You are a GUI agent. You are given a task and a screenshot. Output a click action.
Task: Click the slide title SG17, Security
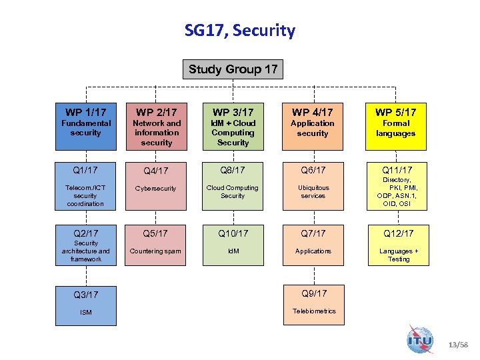click(x=240, y=31)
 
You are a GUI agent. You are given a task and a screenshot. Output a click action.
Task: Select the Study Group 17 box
click(x=233, y=69)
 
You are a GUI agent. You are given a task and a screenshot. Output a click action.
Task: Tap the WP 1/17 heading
click(x=86, y=112)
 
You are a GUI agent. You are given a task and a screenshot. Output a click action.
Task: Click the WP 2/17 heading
click(x=157, y=112)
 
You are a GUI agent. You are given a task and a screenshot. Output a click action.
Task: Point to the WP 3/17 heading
click(x=233, y=112)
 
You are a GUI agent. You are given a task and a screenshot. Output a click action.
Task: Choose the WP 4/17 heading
click(x=313, y=112)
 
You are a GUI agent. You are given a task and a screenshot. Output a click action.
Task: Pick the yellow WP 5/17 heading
click(x=395, y=112)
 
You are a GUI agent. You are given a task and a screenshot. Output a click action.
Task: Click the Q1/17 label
click(x=86, y=170)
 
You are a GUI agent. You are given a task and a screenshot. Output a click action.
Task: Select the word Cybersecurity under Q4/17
click(x=157, y=189)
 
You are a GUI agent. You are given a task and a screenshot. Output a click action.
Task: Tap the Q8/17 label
click(x=233, y=170)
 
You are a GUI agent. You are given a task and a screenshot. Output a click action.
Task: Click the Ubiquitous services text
click(x=313, y=192)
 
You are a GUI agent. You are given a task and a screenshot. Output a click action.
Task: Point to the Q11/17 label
click(x=398, y=170)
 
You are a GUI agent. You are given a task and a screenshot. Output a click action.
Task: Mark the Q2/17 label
click(x=86, y=233)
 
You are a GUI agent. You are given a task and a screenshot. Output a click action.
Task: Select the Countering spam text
click(x=156, y=251)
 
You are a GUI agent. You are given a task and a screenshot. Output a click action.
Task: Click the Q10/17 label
click(x=233, y=233)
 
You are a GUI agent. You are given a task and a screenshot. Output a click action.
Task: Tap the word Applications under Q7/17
click(x=313, y=251)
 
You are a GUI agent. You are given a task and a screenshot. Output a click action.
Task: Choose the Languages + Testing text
click(x=399, y=255)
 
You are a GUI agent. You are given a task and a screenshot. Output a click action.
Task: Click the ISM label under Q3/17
click(x=86, y=313)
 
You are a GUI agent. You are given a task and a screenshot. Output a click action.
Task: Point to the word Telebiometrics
click(x=314, y=311)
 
